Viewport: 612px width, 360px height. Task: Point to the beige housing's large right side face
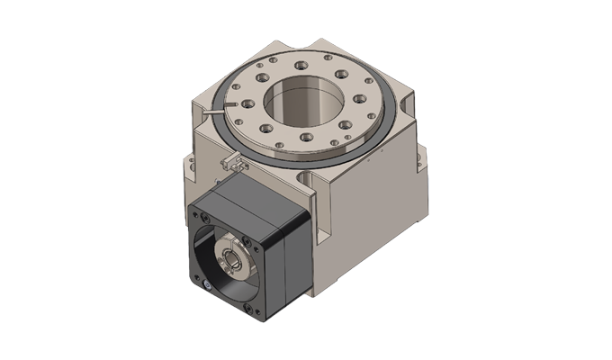pyautogui.click(x=369, y=225)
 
